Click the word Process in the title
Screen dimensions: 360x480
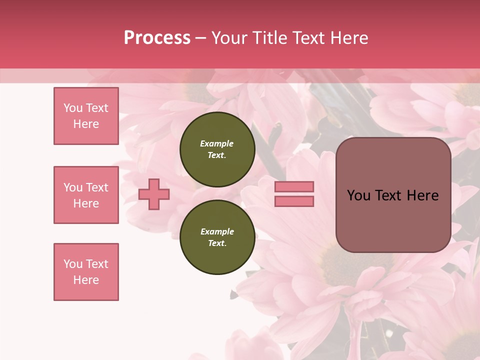click(157, 38)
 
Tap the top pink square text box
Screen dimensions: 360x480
click(86, 116)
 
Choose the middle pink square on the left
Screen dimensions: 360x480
click(86, 195)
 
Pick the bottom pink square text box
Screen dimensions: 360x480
click(86, 272)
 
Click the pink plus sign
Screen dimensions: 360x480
click(153, 194)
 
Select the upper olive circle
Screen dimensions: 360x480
click(217, 149)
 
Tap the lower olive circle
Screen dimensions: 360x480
click(217, 237)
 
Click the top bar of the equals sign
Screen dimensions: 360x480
click(294, 187)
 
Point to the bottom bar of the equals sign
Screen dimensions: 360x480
click(294, 201)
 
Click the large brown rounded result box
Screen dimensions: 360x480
click(393, 220)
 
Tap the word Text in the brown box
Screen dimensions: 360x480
click(391, 195)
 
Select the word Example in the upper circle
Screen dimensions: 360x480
click(217, 143)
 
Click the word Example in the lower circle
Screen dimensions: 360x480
click(217, 231)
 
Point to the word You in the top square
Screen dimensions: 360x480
click(73, 108)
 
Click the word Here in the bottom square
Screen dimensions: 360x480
click(86, 280)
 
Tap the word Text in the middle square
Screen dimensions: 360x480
click(96, 187)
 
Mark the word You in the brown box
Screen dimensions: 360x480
click(359, 195)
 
